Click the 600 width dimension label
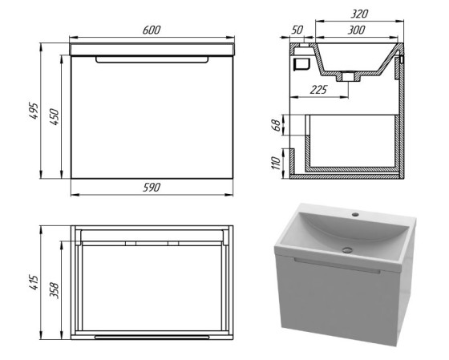[x=152, y=30]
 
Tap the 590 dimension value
[x=152, y=188]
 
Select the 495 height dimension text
[x=34, y=111]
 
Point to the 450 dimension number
[x=55, y=116]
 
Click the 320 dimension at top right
[x=359, y=14]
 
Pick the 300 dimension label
[x=356, y=30]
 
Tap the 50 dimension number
[x=297, y=30]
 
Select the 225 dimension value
[x=318, y=90]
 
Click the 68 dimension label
[x=276, y=125]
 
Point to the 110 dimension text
[x=276, y=163]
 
